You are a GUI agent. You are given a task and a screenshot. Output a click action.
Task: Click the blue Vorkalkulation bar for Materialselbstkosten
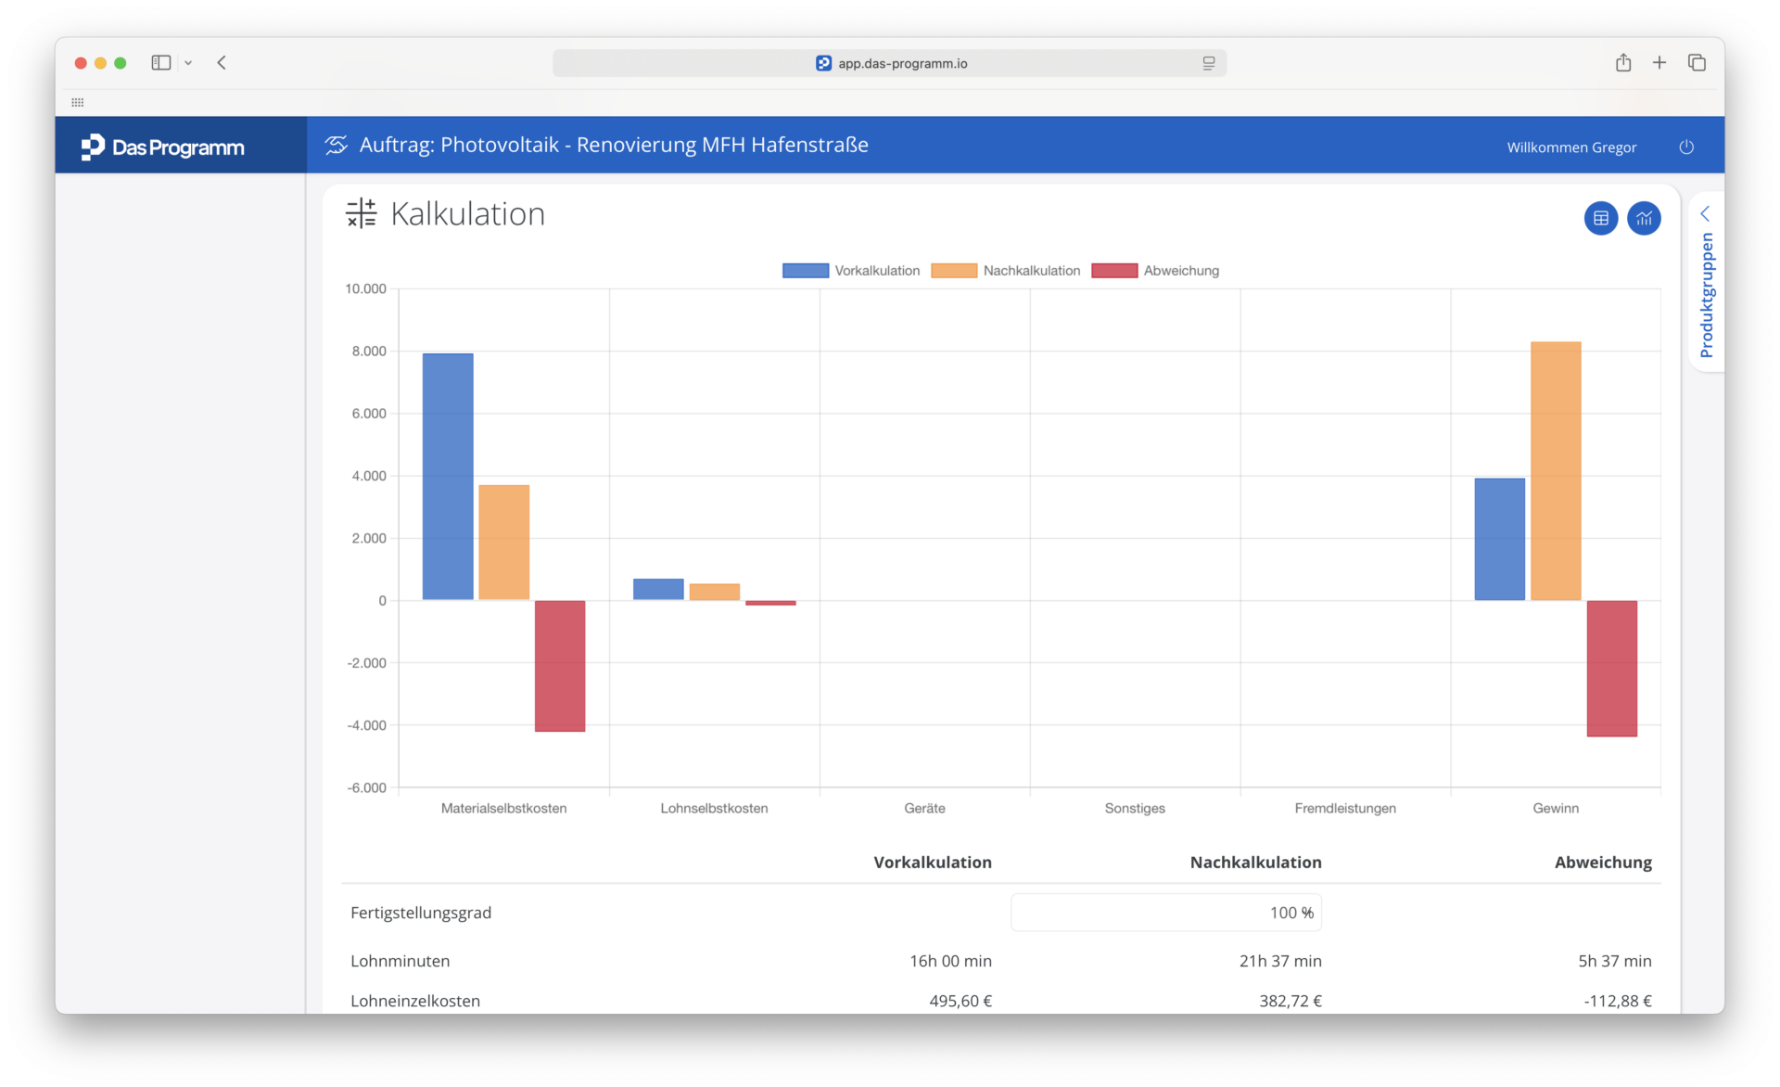click(448, 477)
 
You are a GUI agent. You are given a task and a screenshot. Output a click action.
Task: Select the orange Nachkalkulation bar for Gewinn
click(1556, 471)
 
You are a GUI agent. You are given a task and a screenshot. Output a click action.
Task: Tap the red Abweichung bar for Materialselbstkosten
click(560, 666)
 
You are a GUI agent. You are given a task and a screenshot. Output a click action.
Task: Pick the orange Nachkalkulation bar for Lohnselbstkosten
click(715, 592)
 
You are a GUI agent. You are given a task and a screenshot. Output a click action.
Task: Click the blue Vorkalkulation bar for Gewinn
click(1500, 539)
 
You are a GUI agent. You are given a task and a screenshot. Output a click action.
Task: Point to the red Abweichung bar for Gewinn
click(1612, 669)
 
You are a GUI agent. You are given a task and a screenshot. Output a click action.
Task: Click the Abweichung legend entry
click(1155, 271)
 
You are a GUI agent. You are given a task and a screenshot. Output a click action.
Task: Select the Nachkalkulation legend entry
click(1006, 271)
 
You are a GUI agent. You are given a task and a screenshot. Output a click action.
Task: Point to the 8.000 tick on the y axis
click(369, 352)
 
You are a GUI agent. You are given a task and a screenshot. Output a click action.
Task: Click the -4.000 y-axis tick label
click(366, 725)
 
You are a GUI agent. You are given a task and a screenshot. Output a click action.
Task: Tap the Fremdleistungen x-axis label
click(1345, 808)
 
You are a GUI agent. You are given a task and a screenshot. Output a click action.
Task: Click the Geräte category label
click(925, 808)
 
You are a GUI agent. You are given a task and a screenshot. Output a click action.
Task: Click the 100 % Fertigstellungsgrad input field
click(1166, 913)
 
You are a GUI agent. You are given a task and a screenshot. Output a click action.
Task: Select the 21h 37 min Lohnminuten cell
click(1280, 961)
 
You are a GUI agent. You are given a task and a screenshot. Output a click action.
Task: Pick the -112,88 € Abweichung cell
click(1618, 1001)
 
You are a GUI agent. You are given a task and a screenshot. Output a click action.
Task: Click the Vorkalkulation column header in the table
click(933, 863)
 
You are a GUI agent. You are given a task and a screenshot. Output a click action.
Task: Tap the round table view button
click(1601, 219)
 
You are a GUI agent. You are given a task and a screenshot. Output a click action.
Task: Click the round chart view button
click(1645, 219)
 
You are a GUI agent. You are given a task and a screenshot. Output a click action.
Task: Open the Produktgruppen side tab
click(1707, 283)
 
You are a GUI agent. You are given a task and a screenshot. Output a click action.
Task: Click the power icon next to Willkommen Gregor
click(1686, 147)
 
